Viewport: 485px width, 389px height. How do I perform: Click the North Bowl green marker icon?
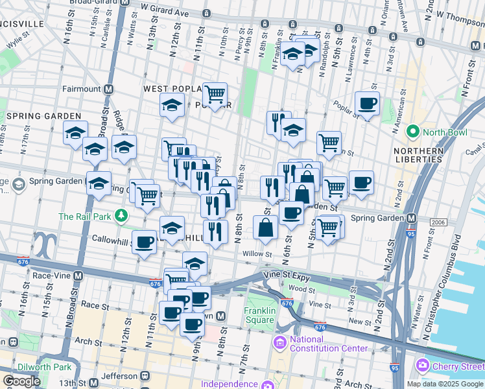412,132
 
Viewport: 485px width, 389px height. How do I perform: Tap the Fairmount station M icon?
108,89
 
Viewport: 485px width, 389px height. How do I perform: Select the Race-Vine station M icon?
78,275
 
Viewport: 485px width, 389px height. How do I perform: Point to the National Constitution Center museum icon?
281,341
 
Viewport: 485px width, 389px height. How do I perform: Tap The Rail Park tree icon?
120,215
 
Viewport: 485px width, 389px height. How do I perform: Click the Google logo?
21,381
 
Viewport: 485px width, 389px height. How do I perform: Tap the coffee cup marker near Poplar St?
367,104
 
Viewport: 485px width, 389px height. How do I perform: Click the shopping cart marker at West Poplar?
215,95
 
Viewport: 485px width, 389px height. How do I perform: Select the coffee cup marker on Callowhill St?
144,242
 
